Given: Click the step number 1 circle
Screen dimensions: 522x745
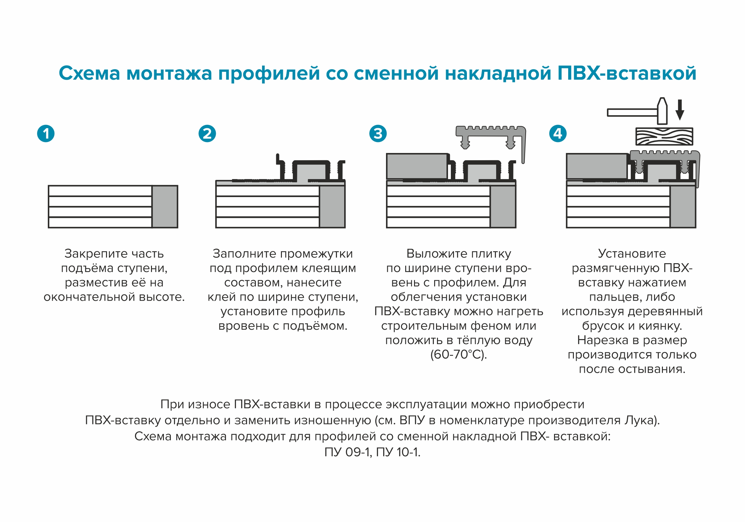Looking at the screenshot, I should point(46,134).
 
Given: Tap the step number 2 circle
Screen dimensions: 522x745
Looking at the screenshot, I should point(207,134).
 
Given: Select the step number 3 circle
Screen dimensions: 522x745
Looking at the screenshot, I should point(378,134).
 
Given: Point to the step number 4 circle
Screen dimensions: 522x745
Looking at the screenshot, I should point(558,134).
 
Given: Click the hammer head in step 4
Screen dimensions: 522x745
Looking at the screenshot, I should point(662,111).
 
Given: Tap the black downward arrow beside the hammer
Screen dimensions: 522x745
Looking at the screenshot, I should point(680,111).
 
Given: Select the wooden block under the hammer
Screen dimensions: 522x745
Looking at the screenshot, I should point(664,136).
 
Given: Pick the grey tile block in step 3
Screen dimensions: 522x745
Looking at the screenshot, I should point(417,166).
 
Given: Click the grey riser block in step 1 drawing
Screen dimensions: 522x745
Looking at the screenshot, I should point(165,207).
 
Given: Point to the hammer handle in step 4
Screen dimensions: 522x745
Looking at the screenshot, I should point(631,113).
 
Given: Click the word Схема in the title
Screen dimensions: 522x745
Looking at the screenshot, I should point(89,73).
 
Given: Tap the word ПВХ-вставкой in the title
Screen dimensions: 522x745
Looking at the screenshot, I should point(627,73).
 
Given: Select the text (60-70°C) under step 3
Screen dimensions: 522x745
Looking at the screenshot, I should point(458,355).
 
